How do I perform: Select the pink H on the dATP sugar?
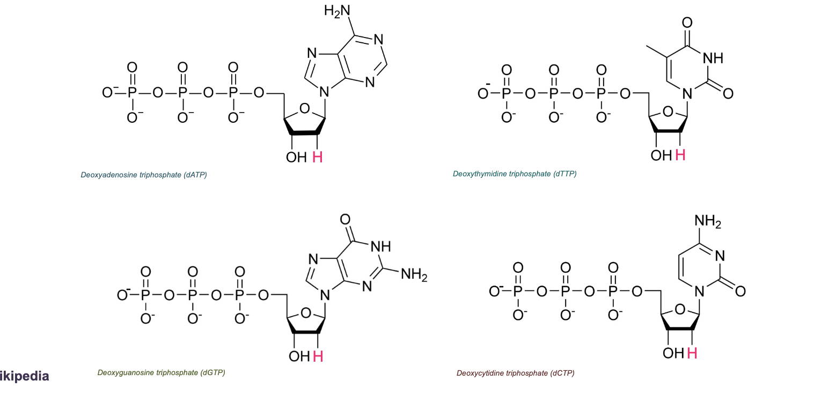(318, 157)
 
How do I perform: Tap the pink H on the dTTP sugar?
(680, 155)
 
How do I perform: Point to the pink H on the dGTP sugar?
(318, 356)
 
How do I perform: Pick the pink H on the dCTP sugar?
(692, 353)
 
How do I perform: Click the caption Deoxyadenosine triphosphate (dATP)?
(144, 175)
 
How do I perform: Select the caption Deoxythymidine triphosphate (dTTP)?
(515, 174)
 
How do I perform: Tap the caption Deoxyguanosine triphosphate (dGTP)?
(161, 373)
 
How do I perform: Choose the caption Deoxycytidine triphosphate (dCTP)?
(515, 373)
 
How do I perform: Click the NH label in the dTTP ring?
(713, 58)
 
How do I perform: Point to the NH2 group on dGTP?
(414, 275)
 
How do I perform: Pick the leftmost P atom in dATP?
(132, 93)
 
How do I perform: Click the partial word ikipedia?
(25, 376)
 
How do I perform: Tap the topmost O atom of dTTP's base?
(687, 23)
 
